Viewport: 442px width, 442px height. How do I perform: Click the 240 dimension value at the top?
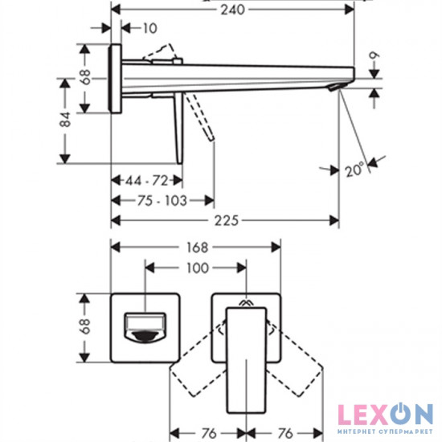click(232, 10)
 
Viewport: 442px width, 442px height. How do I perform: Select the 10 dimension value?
click(150, 28)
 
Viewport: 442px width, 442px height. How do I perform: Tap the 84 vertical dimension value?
click(66, 119)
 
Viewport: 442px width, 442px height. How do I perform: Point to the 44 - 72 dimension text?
click(146, 180)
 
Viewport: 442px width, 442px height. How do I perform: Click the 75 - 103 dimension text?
click(162, 201)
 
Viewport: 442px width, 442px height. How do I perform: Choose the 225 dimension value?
click(227, 220)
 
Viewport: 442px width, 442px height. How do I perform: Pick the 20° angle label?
click(354, 170)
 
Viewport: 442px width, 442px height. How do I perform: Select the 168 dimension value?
click(198, 248)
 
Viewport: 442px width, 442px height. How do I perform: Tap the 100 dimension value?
click(198, 268)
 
